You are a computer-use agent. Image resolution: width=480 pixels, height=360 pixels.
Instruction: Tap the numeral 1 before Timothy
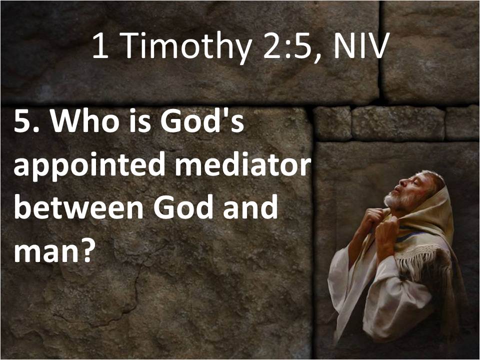click(x=100, y=45)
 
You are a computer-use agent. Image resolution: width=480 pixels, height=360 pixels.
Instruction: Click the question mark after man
click(x=84, y=250)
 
